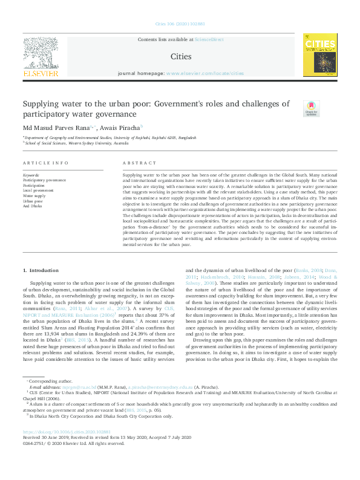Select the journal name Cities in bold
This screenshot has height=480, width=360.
point(181,57)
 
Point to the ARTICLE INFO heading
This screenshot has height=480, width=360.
point(45,163)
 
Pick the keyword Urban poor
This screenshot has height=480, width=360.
point(34,201)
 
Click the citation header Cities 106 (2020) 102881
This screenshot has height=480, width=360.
point(180,24)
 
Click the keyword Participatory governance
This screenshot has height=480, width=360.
point(45,180)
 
